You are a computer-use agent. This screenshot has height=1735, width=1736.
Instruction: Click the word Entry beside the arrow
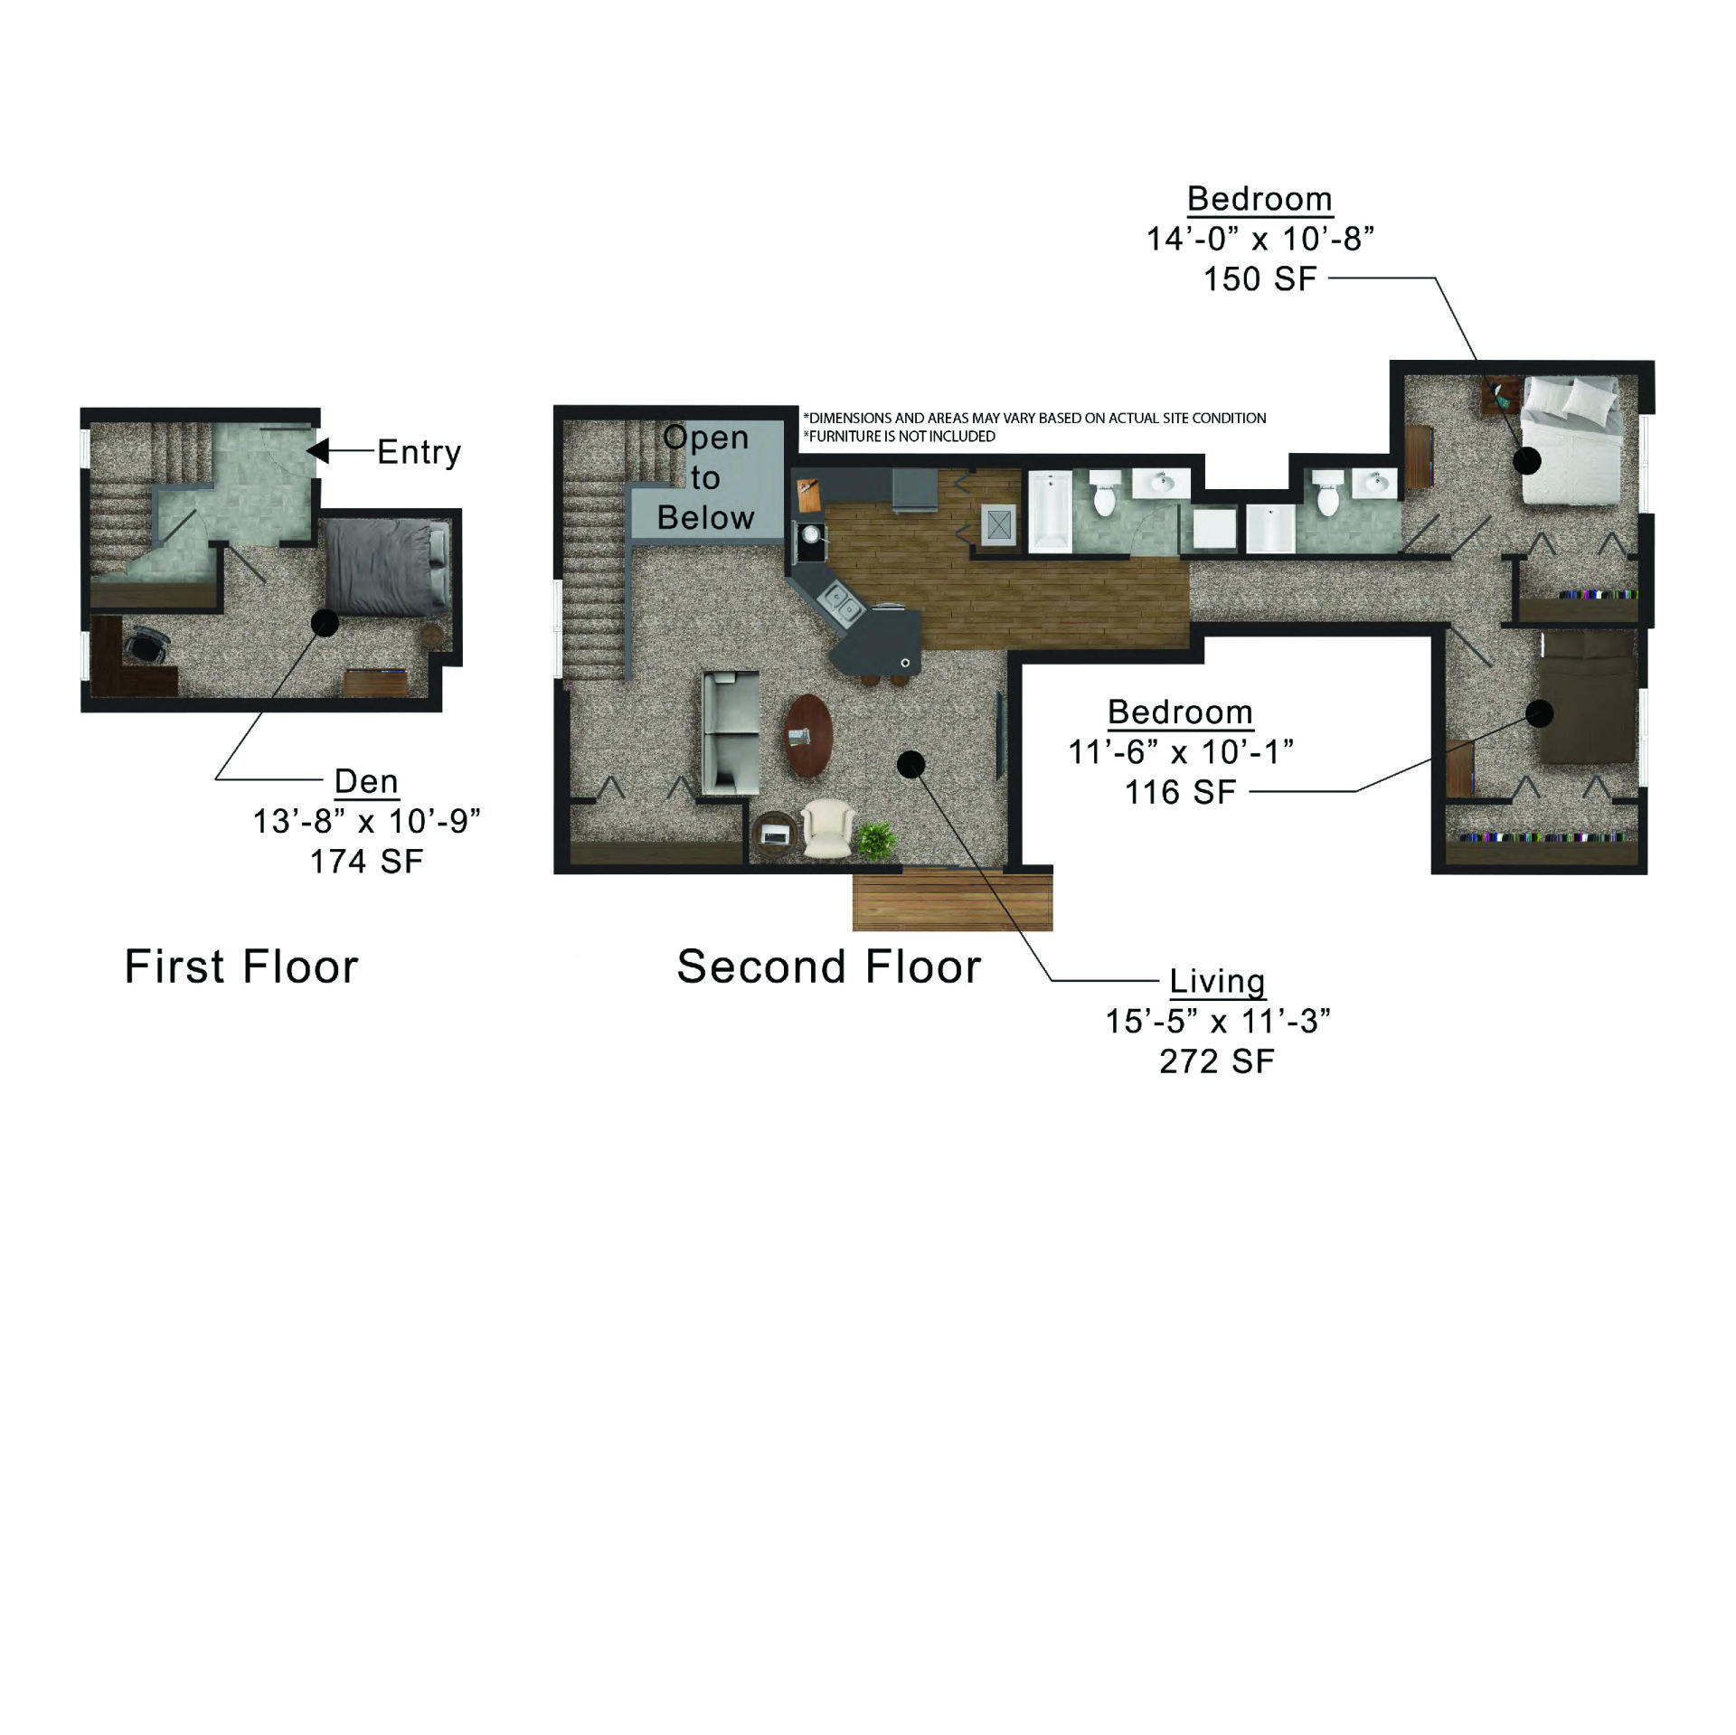[x=419, y=451]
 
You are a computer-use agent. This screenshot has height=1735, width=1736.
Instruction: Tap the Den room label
[x=366, y=780]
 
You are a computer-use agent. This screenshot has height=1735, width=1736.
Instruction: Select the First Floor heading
[x=241, y=966]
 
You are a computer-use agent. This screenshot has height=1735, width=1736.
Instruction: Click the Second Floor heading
[x=828, y=966]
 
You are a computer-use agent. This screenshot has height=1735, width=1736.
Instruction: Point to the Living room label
[x=1217, y=981]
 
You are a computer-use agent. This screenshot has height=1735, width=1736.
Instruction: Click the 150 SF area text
[x=1260, y=278]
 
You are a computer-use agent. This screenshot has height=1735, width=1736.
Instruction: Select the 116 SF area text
[x=1180, y=792]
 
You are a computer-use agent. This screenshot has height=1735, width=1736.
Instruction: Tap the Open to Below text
[x=706, y=477]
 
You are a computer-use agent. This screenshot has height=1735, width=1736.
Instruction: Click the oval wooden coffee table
[x=808, y=735]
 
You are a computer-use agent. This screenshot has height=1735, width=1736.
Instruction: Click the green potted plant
[x=876, y=840]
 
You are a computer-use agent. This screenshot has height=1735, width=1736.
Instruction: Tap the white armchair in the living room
[x=826, y=828]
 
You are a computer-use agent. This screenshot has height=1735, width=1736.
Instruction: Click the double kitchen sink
[x=840, y=604]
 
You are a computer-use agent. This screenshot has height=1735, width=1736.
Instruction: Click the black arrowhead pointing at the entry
[x=317, y=450]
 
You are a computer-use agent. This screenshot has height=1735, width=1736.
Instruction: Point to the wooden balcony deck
[x=952, y=900]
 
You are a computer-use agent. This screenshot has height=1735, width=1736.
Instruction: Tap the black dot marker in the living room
[x=911, y=764]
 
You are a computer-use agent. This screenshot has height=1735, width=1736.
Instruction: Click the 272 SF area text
[x=1217, y=1061]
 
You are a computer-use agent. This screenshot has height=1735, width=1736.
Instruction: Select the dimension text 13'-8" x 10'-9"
[x=366, y=821]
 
